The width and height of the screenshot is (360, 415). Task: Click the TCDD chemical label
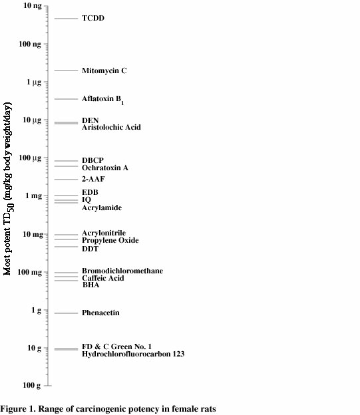[93, 19]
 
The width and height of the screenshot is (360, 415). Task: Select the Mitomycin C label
[104, 70]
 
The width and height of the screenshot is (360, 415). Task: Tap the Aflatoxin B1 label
[103, 99]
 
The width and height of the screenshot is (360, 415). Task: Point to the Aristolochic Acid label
[111, 127]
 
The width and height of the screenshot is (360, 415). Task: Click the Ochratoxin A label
[105, 168]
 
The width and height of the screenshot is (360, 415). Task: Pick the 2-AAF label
[94, 179]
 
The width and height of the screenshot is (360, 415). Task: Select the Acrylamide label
[102, 208]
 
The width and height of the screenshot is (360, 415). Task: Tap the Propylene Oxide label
[110, 240]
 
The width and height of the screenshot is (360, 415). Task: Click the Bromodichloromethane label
[122, 271]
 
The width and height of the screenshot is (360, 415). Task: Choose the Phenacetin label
[101, 313]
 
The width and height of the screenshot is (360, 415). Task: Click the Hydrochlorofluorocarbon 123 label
[133, 354]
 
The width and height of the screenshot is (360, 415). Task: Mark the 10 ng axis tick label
[30, 6]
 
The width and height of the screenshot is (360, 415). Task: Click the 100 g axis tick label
[30, 386]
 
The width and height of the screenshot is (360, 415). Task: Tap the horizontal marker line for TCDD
[66, 19]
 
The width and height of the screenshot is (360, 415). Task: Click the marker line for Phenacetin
[66, 313]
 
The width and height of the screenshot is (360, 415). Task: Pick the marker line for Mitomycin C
[66, 70]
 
